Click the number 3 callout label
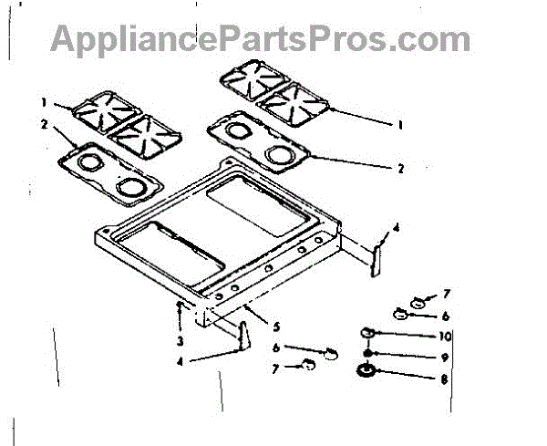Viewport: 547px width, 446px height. point(181,341)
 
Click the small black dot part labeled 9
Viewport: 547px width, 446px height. point(367,353)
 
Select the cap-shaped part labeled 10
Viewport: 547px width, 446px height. point(369,331)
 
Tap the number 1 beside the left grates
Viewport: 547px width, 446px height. point(42,100)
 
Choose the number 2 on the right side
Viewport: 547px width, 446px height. point(399,169)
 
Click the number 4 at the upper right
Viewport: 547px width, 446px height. point(396,228)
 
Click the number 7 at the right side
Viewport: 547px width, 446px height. point(447,294)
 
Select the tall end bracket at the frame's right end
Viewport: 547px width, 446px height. point(377,255)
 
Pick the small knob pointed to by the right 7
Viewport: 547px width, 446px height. point(418,300)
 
